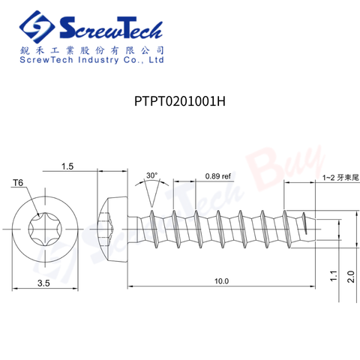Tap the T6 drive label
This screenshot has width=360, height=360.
18,183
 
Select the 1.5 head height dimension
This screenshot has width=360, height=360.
67,166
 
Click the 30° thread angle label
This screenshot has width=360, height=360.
151,175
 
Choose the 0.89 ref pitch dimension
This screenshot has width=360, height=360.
217,176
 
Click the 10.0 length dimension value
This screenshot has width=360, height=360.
220,280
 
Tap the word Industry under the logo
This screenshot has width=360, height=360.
97,62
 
